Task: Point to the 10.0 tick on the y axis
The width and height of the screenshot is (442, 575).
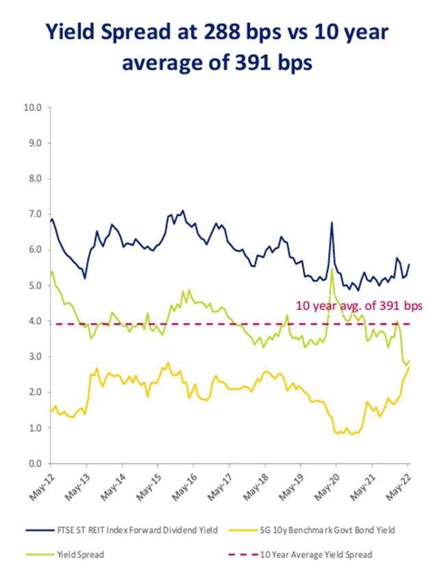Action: pyautogui.click(x=34, y=107)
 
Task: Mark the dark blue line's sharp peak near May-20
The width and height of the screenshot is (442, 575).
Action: pyautogui.click(x=332, y=222)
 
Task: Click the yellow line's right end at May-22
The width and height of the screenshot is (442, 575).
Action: pyautogui.click(x=409, y=368)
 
